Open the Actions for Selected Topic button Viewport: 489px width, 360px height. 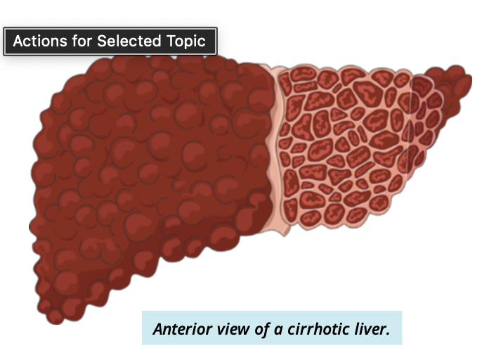[x=110, y=41]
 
